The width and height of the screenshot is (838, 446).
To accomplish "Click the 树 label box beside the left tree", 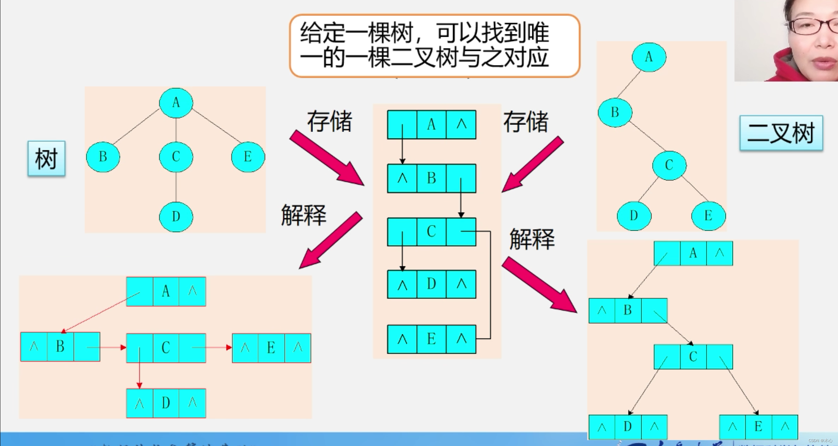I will [x=46, y=158].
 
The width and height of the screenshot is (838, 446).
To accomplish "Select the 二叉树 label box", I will [x=781, y=133].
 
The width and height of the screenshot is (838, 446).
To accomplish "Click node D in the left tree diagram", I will [x=176, y=216].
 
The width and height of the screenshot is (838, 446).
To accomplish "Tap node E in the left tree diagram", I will [x=248, y=157].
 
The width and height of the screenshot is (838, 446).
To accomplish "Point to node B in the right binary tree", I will [x=615, y=112].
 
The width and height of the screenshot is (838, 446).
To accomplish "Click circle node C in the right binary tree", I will [x=669, y=165].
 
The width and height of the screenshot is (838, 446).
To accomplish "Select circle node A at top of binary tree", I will [x=649, y=57].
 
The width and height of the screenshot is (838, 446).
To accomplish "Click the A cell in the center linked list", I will [x=431, y=124].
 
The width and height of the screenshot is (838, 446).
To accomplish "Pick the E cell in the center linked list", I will [x=431, y=339].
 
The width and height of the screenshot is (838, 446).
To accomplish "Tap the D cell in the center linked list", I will [x=431, y=284].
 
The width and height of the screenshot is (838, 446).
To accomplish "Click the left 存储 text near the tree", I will [x=329, y=121].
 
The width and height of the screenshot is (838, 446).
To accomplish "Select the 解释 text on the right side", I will [x=532, y=239].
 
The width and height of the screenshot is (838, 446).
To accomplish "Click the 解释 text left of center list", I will [x=303, y=215].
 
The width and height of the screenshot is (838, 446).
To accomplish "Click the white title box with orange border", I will [x=435, y=46].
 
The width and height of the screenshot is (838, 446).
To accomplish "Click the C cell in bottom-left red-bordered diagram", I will [x=166, y=348].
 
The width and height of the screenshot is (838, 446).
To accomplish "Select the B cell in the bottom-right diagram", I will [x=627, y=311].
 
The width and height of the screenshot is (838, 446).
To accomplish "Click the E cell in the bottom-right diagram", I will [x=758, y=427].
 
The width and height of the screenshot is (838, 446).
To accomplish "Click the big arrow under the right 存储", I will [x=533, y=165].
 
